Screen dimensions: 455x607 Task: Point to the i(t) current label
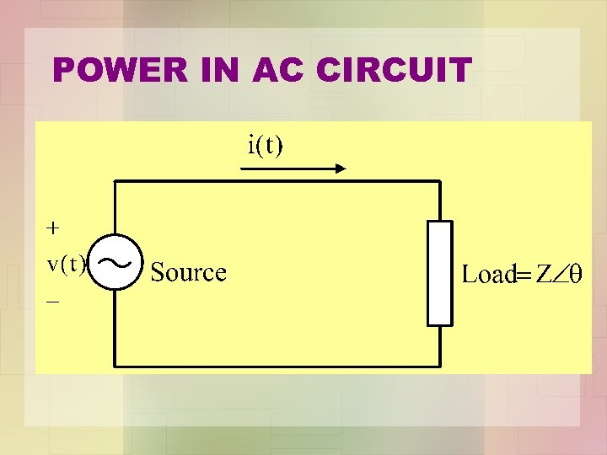(x=266, y=145)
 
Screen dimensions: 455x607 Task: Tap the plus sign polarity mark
(x=53, y=227)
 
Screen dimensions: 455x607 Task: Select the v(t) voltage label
(x=67, y=264)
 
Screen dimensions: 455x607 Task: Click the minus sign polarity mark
(x=53, y=300)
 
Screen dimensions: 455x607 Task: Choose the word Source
(x=188, y=272)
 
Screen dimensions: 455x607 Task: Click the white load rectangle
(x=439, y=273)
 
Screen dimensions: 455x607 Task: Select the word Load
(x=489, y=274)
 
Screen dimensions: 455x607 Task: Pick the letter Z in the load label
(x=545, y=273)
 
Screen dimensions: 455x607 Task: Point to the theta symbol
(x=576, y=273)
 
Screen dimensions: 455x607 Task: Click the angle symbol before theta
(x=561, y=273)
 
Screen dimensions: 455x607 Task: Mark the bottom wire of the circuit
(x=278, y=367)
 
